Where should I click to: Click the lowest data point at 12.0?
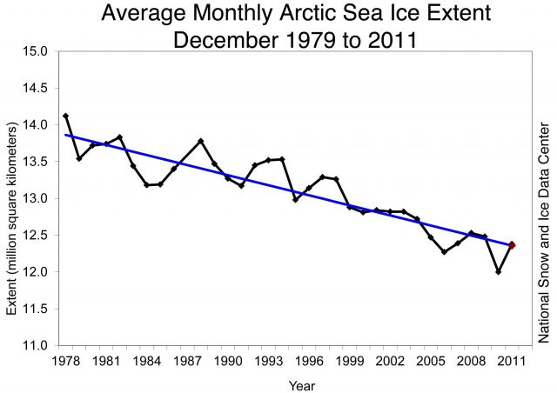point(499,272)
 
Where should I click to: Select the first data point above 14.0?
point(66,117)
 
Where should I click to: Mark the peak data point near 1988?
point(201,141)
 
